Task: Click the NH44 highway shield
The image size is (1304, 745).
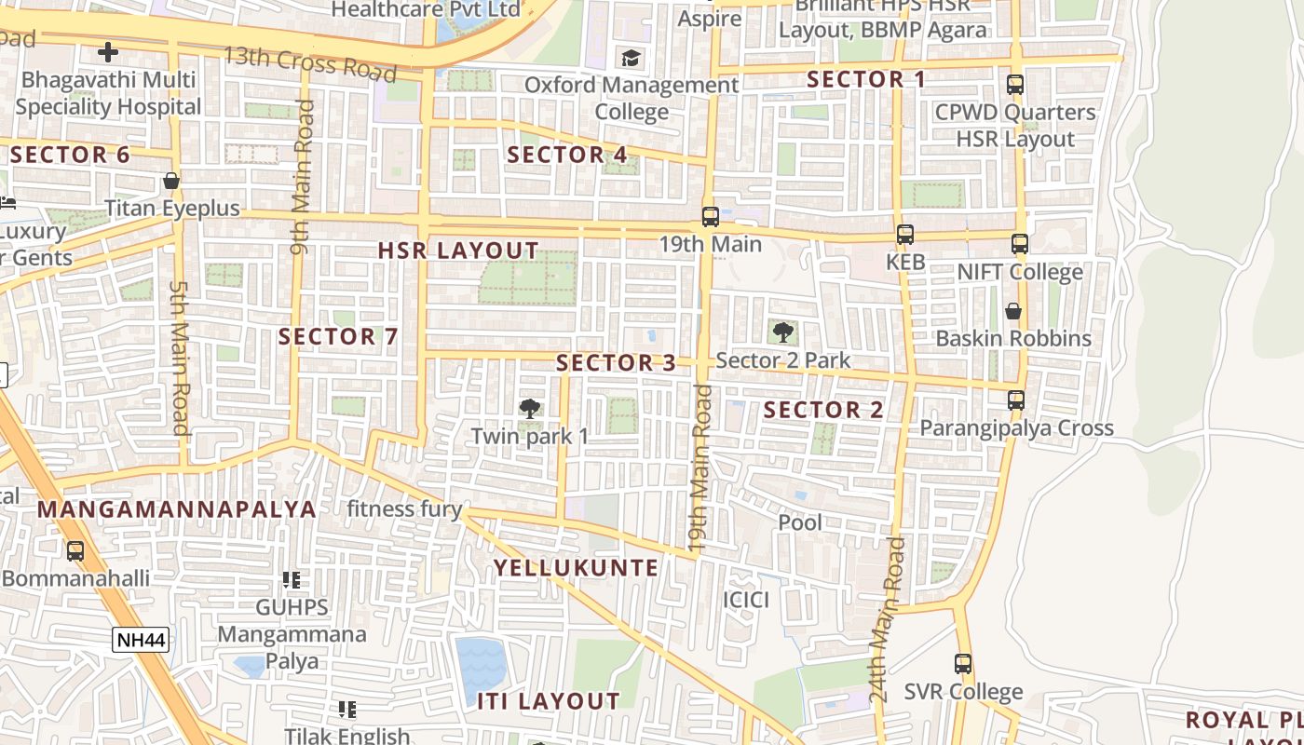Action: pos(141,640)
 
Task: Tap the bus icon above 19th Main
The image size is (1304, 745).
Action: pos(710,217)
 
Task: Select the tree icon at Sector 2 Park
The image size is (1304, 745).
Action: pos(783,332)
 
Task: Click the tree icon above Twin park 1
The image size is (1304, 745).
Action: pos(530,408)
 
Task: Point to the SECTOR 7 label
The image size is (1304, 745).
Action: pos(338,337)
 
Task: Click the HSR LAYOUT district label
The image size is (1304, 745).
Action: pos(458,251)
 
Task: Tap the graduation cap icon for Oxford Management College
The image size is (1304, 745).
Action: pos(632,59)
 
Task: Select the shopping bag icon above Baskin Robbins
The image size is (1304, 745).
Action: pos(1012,310)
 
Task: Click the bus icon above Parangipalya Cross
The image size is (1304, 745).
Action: pos(1016,400)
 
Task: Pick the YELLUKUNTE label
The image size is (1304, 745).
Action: pos(576,568)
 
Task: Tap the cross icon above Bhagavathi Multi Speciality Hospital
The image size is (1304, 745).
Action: pos(109,52)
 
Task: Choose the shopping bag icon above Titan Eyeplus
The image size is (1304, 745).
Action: pos(171,181)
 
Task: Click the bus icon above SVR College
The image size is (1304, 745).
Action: pos(963,664)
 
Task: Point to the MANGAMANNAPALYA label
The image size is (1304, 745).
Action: pos(177,509)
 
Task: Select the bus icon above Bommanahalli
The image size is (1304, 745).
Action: pos(75,550)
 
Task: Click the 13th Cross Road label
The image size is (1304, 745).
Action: pos(296,62)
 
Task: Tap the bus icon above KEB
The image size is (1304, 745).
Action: pos(904,235)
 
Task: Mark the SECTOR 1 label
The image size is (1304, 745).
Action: pos(866,80)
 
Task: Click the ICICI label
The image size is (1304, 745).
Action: pos(746,600)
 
